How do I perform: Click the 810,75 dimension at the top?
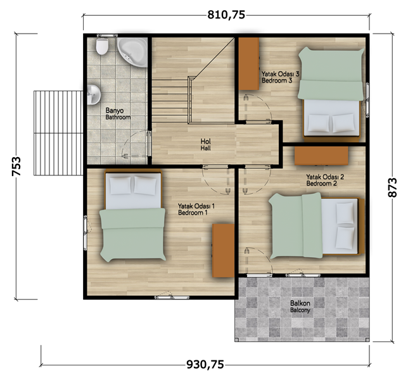pos(226,15)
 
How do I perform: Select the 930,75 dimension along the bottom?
pos(205,364)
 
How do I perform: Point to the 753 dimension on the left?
pos(16,166)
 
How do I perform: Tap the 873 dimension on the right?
pos(392,187)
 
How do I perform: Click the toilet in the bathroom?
pos(102,46)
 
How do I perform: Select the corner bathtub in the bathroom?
pos(132,52)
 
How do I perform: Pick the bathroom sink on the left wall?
pos(93,94)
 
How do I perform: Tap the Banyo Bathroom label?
pos(118,114)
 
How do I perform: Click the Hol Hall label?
pos(205,144)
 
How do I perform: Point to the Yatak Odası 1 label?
pos(196,210)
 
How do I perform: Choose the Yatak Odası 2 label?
pos(325,180)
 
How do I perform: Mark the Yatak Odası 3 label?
pos(280,77)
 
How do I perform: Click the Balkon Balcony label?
pos(300,307)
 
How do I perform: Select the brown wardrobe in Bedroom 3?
pos(249,64)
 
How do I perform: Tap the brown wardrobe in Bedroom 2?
pos(321,156)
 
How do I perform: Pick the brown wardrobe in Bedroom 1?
pos(224,250)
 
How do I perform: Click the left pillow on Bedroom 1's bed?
pos(120,186)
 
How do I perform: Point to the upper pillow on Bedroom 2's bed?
pos(345,213)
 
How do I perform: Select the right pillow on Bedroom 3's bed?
pos(343,123)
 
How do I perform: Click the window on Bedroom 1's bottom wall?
pos(172,297)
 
